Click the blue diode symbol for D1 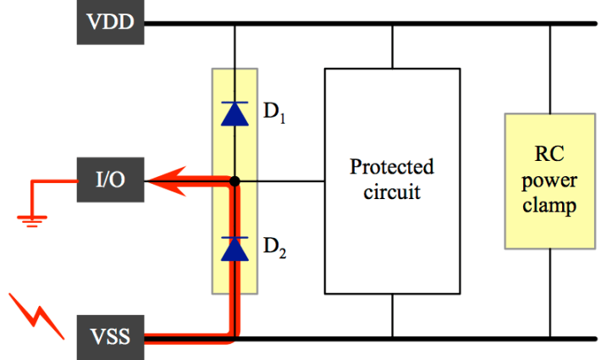[234, 114]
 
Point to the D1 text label [274, 113]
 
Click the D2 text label [274, 248]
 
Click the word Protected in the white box [391, 166]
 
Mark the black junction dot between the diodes [235, 180]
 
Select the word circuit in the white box [391, 191]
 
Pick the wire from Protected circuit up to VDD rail [392, 46]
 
